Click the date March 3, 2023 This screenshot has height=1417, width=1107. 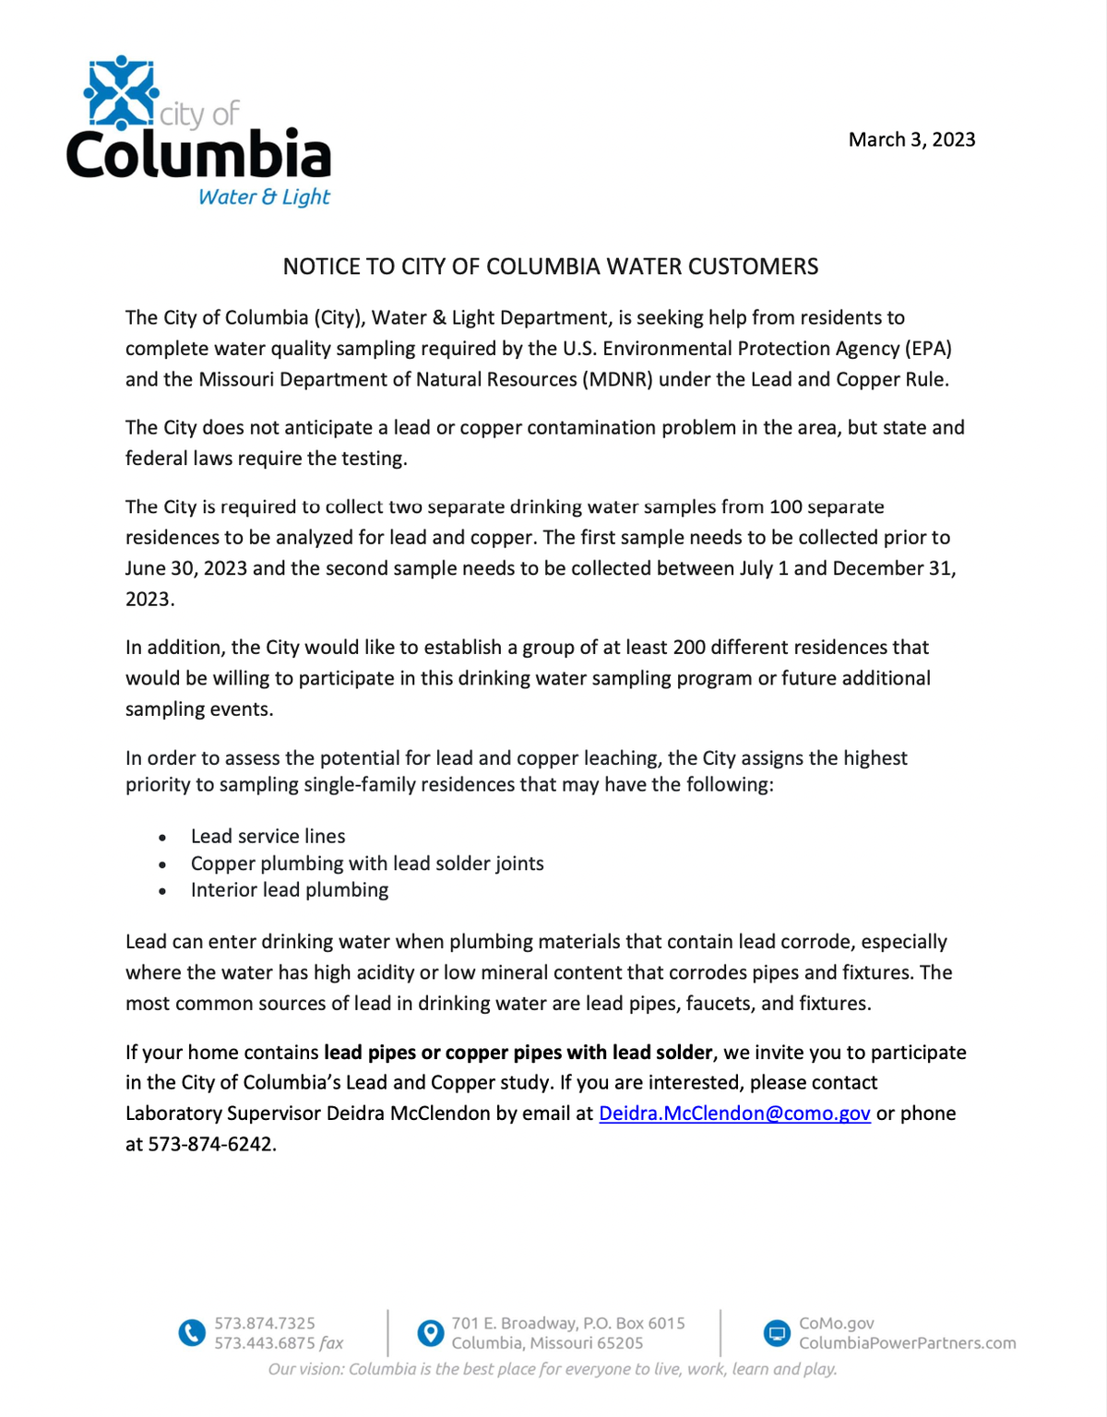click(911, 139)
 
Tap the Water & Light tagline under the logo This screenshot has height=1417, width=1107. click(264, 196)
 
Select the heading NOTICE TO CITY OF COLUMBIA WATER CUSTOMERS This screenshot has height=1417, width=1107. click(550, 267)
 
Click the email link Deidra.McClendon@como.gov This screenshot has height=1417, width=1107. click(734, 1113)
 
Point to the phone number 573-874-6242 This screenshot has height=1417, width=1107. click(211, 1144)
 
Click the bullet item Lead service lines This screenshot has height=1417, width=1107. click(268, 836)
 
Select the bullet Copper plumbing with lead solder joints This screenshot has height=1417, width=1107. click(367, 863)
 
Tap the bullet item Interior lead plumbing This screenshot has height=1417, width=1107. click(290, 890)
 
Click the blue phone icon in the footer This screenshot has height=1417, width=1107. click(192, 1333)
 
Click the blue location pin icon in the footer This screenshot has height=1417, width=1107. click(430, 1333)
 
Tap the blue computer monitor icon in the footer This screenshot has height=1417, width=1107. click(778, 1333)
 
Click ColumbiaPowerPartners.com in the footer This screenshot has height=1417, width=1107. click(907, 1343)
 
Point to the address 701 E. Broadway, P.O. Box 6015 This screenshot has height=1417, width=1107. click(567, 1323)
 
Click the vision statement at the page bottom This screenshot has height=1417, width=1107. click(553, 1369)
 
